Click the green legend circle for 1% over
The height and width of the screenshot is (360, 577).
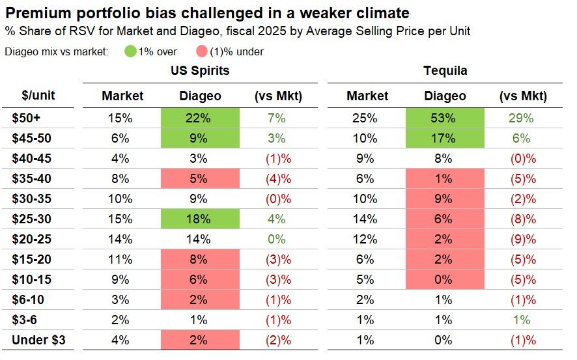pos(130,51)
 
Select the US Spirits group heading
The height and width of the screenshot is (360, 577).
pos(200,71)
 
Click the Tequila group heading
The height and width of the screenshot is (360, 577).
pos(445,71)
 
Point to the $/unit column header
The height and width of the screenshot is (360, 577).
pos(38,96)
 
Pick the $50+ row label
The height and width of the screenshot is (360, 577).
pos(25,118)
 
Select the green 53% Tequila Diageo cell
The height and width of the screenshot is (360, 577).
pos(445,118)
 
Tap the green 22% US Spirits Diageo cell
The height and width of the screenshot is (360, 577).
pos(200,118)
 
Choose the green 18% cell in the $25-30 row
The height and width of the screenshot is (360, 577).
pos(200,219)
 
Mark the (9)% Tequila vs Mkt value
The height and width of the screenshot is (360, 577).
pos(522,239)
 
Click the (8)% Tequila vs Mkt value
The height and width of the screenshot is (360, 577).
pos(522,219)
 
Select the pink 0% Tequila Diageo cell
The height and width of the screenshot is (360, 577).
pos(445,279)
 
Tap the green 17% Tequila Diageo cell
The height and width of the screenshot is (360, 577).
pos(445,138)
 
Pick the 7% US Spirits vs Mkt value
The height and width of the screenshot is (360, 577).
pos(277,118)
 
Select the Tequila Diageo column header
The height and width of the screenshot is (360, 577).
pos(445,96)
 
